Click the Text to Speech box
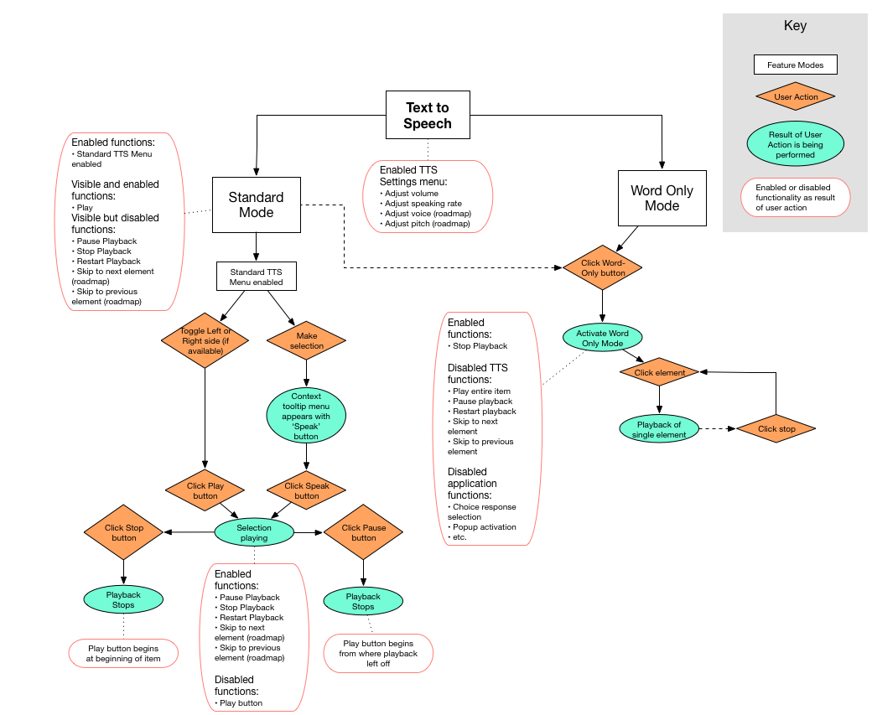[428, 116]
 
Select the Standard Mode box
[256, 205]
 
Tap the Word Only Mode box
[662, 199]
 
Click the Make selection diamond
[306, 340]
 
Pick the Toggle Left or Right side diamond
[205, 340]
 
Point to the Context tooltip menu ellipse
[306, 416]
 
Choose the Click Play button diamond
[205, 490]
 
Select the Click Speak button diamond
[306, 490]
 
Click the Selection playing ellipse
[254, 532]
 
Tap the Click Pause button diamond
[363, 532]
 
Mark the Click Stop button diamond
[124, 532]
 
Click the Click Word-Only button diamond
[602, 267]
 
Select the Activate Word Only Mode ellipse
[602, 338]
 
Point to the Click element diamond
[659, 372]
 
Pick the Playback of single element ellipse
[659, 428]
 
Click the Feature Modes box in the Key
[795, 65]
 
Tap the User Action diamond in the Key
[795, 97]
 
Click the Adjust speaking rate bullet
[423, 204]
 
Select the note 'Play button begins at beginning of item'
[123, 654]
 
